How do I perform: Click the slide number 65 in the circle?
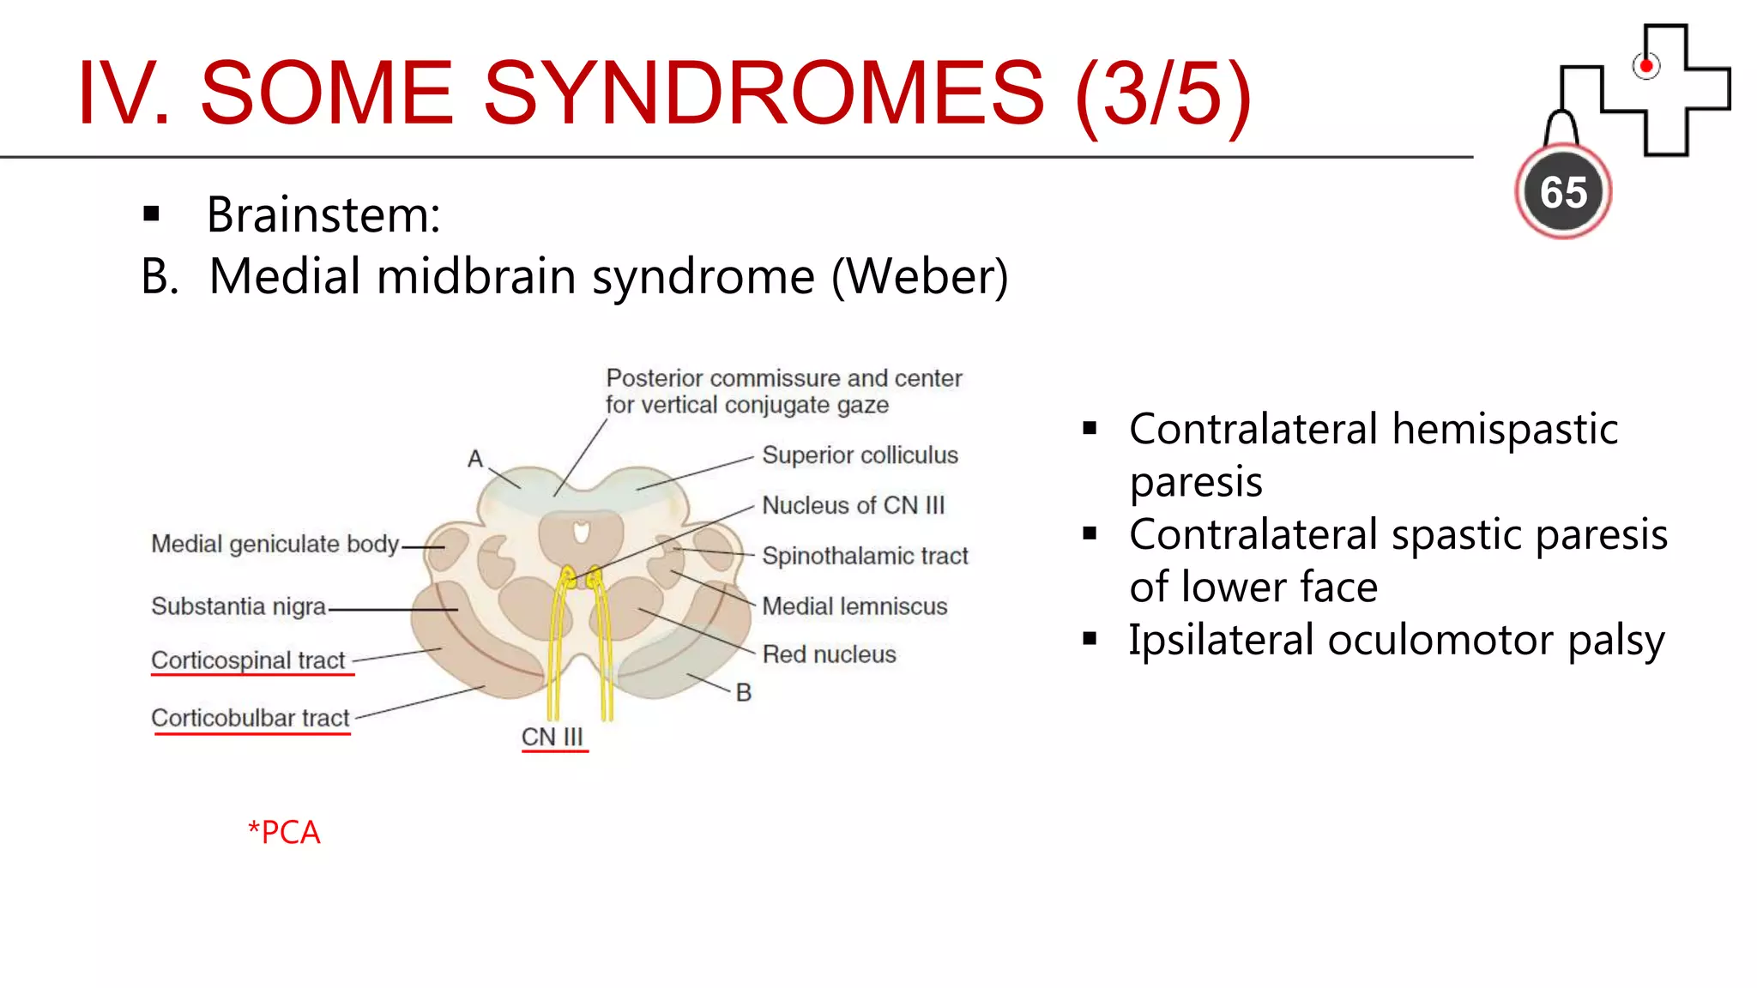pyautogui.click(x=1563, y=192)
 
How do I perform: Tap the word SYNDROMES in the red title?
pyautogui.click(x=764, y=93)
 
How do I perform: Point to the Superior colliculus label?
pyautogui.click(x=860, y=455)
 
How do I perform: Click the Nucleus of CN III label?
pyautogui.click(x=853, y=505)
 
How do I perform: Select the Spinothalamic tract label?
pyautogui.click(x=864, y=556)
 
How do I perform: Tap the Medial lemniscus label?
pyautogui.click(x=854, y=606)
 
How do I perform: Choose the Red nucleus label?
pyautogui.click(x=829, y=654)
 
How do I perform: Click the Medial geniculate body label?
pyautogui.click(x=275, y=544)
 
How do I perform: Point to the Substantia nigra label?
pyautogui.click(x=238, y=606)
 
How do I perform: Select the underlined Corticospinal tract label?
pyautogui.click(x=248, y=660)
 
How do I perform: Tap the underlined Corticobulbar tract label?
pyautogui.click(x=251, y=718)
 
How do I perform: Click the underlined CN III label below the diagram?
pyautogui.click(x=552, y=737)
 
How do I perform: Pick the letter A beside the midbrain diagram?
pyautogui.click(x=475, y=459)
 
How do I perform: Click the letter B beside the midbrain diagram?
pyautogui.click(x=744, y=692)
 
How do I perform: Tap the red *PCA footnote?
pyautogui.click(x=284, y=832)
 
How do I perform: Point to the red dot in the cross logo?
pyautogui.click(x=1645, y=66)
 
